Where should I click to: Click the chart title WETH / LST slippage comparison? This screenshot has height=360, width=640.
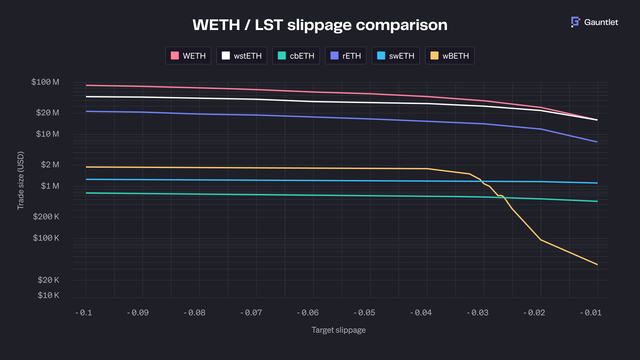320,25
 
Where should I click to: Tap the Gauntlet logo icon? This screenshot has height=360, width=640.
575,22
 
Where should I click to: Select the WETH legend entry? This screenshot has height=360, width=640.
188,56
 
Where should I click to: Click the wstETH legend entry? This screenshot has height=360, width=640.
242,56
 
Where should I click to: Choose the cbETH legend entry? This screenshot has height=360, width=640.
296,56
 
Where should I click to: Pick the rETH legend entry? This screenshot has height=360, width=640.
346,56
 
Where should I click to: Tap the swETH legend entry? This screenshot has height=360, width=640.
396,56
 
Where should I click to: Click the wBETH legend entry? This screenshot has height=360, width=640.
450,56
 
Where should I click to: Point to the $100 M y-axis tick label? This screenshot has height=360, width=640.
45,82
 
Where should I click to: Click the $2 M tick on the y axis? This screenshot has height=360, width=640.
50,165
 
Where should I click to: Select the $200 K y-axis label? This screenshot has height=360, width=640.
46,217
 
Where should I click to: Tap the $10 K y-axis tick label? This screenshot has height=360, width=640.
48,295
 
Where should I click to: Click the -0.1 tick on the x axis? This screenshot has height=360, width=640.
84,313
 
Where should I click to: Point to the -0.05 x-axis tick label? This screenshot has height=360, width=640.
364,313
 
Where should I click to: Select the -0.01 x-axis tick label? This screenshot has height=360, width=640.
591,313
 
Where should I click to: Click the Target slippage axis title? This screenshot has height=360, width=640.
338,330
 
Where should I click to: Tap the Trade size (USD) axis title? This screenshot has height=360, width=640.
21,180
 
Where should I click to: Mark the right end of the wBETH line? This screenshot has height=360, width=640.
597,265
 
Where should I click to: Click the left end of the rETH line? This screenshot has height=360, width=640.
86,111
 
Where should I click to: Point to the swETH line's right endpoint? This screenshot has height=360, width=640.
597,183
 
